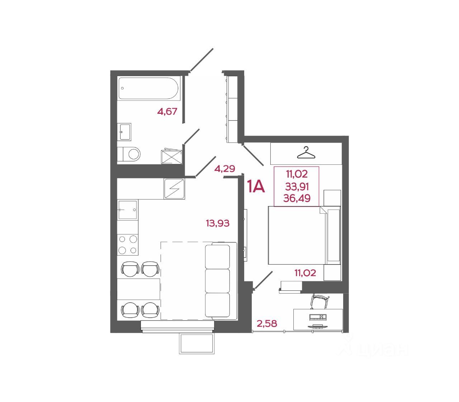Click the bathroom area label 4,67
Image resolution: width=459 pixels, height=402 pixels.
pos(167,112)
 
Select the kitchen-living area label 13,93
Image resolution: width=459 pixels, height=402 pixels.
pos(217,224)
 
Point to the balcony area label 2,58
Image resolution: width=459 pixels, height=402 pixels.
pos(267,324)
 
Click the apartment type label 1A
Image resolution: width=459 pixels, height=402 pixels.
pos(256,187)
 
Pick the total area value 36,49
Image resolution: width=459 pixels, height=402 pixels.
pos(297,198)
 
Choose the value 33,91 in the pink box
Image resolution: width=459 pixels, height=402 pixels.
pos(297,187)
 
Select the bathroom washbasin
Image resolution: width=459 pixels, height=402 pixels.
pos(124,132)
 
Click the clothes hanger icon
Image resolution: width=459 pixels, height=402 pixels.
pos(306,153)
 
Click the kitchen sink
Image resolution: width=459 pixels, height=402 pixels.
pos(128,210)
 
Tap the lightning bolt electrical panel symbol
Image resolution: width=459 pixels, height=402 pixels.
pos(174,188)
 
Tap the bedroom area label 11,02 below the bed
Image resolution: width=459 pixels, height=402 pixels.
pos(305,274)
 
